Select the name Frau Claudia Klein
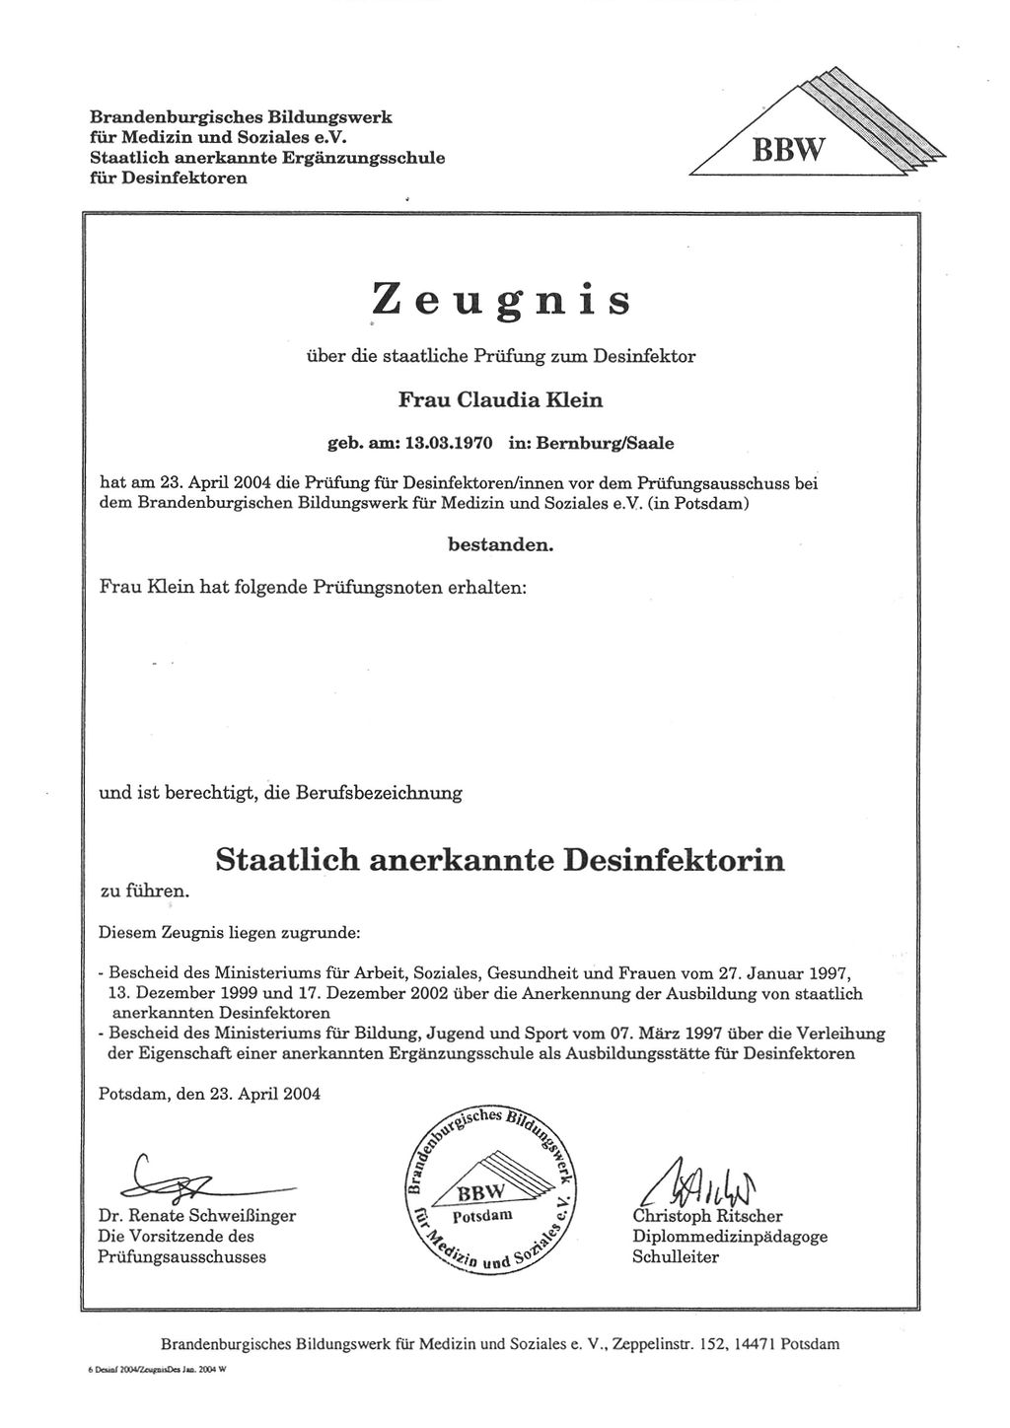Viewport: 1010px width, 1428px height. click(x=499, y=399)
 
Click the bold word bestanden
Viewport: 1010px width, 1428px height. click(x=500, y=543)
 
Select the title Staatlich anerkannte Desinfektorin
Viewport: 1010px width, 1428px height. click(x=500, y=860)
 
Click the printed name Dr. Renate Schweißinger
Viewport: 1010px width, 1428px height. click(x=196, y=1216)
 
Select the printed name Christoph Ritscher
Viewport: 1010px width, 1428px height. click(x=707, y=1216)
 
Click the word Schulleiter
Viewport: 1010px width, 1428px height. click(x=676, y=1256)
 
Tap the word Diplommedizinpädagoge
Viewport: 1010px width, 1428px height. click(x=730, y=1236)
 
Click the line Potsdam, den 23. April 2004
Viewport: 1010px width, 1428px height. click(x=209, y=1094)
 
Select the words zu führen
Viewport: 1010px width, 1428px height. click(x=143, y=890)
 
